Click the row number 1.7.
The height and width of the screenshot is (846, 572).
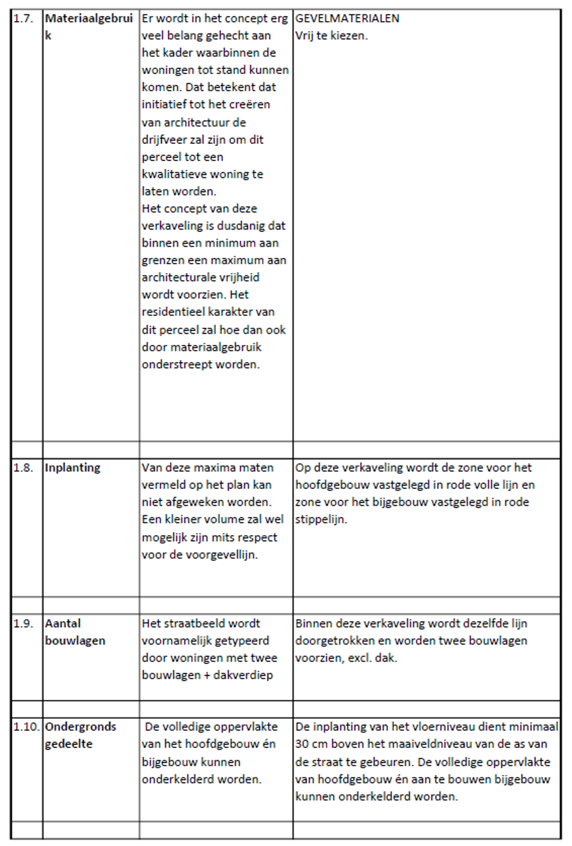[23, 19]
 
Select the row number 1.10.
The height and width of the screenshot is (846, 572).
[26, 727]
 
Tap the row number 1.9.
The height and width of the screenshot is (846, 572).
[23, 623]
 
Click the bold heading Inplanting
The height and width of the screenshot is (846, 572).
[72, 468]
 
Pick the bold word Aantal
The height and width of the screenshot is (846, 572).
[62, 623]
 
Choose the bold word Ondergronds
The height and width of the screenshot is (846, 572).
[81, 727]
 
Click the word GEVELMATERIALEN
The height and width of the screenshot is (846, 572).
[347, 19]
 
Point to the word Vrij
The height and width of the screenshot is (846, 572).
[304, 36]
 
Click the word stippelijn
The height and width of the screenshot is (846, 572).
[320, 519]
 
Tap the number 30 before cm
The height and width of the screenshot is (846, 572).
[302, 744]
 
